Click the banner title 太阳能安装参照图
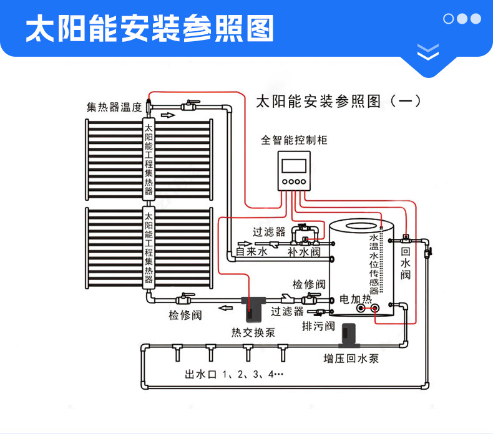tap(150, 28)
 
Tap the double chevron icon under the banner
tap(427, 52)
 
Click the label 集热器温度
tap(114, 107)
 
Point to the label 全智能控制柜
tap(294, 140)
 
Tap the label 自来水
tap(251, 252)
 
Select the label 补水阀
tap(304, 252)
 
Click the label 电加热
tap(355, 299)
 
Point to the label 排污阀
tap(318, 326)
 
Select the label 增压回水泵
tap(350, 359)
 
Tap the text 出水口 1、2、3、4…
tap(234, 375)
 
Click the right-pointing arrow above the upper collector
tap(168, 115)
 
